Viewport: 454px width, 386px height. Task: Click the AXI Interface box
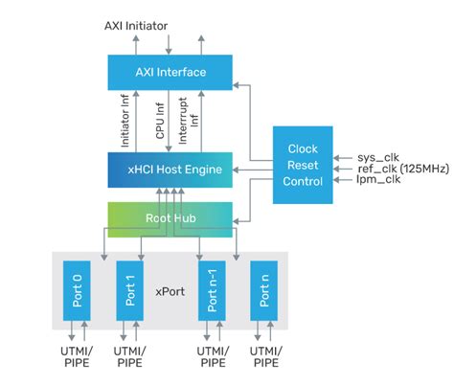[170, 73]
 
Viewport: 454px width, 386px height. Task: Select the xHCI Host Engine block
[170, 170]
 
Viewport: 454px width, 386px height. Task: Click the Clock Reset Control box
[303, 164]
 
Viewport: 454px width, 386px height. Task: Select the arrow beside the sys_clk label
[343, 151]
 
